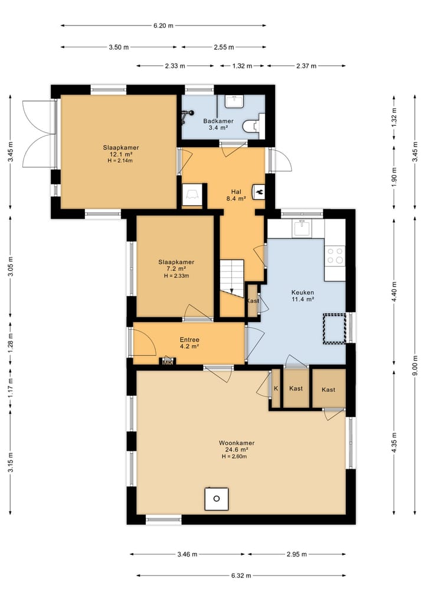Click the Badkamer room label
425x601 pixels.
coord(218,121)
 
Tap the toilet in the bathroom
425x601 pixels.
coord(253,125)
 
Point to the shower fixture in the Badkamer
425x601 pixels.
coord(187,116)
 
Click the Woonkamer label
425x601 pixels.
coord(237,443)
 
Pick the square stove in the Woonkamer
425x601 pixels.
coord(216,499)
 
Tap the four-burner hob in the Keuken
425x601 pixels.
coord(335,256)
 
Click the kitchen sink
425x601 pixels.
coord(302,228)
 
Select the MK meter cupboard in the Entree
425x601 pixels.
coord(167,362)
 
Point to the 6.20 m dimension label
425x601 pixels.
coord(164,25)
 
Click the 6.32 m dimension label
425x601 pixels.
coord(241,576)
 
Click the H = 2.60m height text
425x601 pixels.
coord(234,456)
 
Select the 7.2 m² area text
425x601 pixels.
coord(176,269)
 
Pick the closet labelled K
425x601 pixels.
coord(276,388)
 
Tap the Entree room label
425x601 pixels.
coord(189,340)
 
